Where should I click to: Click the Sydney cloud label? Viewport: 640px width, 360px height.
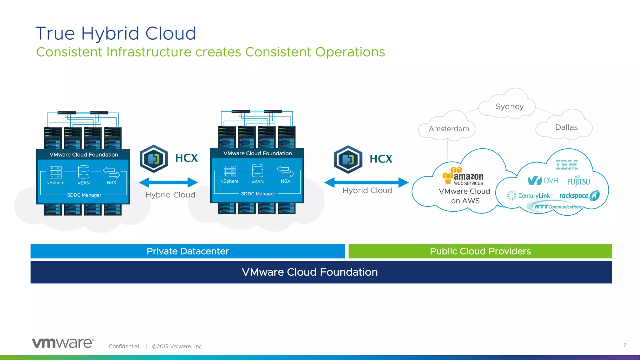509,107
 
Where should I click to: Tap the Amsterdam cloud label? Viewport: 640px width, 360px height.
449,129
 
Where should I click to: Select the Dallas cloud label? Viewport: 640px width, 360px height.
566,127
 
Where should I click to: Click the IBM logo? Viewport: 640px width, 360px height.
567,165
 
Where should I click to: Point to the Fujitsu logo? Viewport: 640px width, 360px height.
578,181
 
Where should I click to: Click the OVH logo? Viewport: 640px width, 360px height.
543,180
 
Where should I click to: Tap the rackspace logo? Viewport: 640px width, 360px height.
579,196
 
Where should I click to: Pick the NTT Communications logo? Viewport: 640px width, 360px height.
558,207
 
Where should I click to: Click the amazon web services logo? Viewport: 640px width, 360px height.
463,177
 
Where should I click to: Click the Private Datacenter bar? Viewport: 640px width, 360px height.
187,251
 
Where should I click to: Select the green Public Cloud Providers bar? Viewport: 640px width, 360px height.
480,251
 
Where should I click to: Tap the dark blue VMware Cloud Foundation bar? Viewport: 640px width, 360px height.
321,272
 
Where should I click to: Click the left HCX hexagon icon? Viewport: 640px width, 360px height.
154,159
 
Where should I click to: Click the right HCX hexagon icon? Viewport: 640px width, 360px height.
348,159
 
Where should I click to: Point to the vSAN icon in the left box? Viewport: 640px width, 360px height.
84,172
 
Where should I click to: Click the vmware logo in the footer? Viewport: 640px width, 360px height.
63,343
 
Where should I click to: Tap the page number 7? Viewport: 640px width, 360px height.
624,345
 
